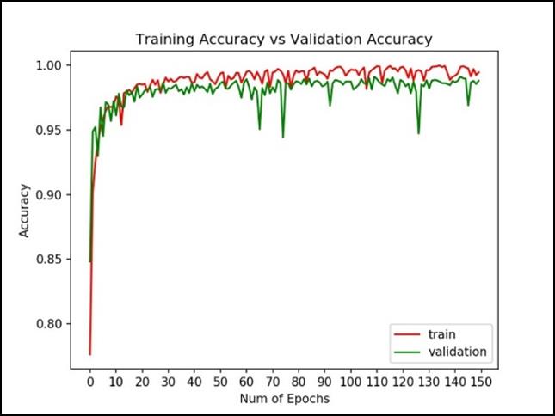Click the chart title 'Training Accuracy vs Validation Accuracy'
[283, 40]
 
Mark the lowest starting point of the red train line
[89, 353]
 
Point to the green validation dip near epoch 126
[419, 133]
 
